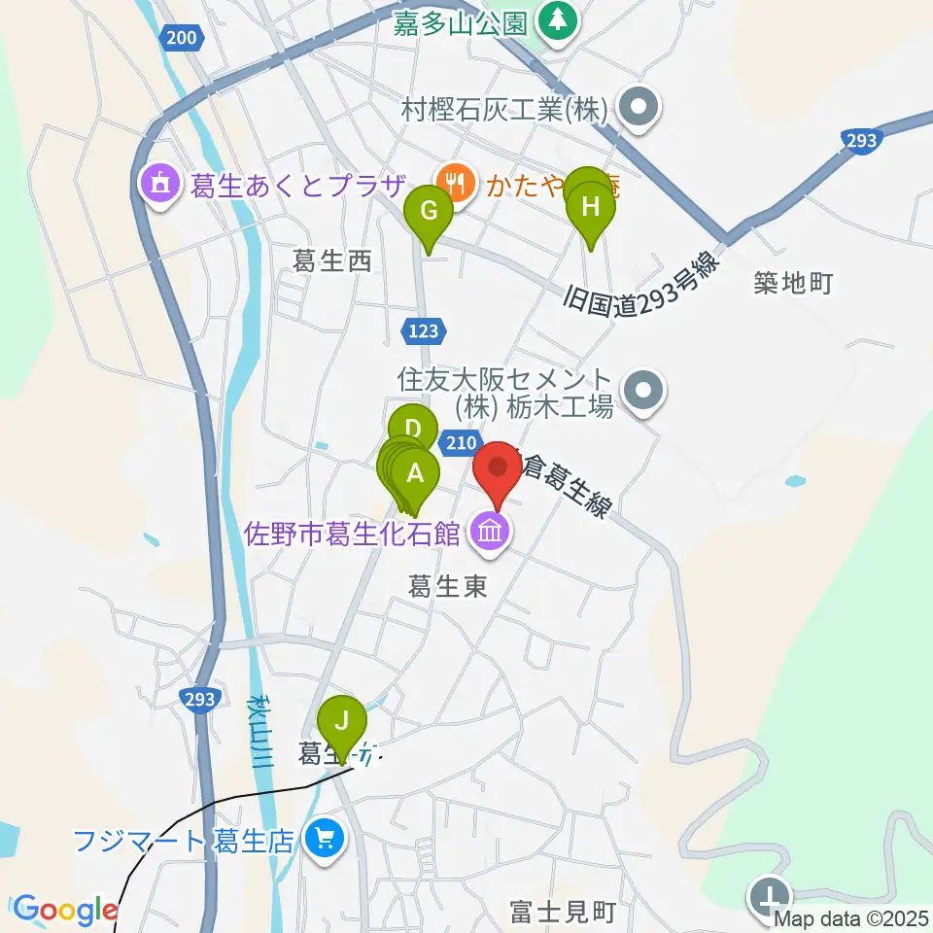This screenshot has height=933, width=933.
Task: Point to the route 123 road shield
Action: (x=423, y=331)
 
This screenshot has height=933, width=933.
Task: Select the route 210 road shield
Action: (x=460, y=443)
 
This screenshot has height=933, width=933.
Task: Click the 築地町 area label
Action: (x=794, y=284)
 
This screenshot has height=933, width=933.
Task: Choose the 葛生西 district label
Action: (x=333, y=260)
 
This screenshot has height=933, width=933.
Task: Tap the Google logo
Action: (x=64, y=910)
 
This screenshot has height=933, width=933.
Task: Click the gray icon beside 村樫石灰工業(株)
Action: (x=639, y=110)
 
